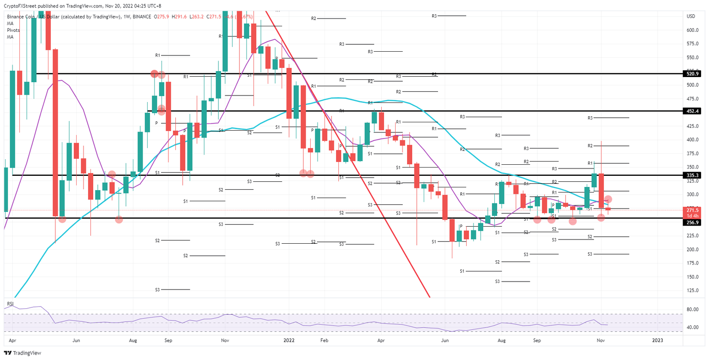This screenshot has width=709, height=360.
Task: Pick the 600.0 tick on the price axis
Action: coord(691,30)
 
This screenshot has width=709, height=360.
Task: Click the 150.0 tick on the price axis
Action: coord(691,277)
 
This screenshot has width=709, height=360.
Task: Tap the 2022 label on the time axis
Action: coord(289,340)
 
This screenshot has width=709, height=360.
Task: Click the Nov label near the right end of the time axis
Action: coord(601,340)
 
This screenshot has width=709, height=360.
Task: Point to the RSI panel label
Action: coord(10,304)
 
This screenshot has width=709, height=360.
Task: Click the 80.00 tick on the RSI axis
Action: coord(691,309)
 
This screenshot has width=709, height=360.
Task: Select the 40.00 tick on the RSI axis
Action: coord(691,327)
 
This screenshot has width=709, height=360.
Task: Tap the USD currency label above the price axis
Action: coord(691,17)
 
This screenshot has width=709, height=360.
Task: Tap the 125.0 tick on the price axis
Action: coord(691,290)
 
